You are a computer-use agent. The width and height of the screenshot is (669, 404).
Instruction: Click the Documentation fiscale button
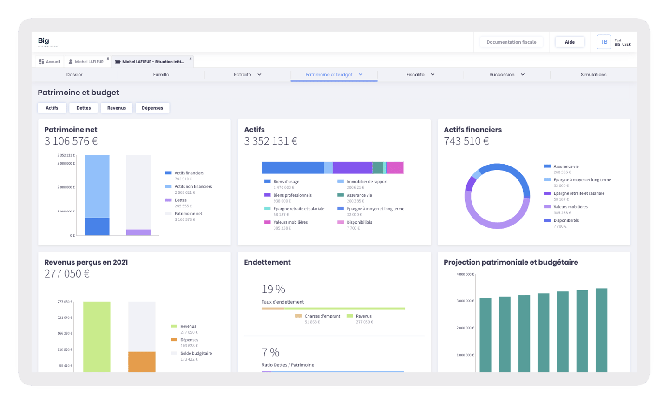coord(511,42)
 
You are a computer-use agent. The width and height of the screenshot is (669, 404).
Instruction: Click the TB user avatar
coord(604,42)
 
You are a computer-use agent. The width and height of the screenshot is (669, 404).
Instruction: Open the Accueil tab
coord(50,62)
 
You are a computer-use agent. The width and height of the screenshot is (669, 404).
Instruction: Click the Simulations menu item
coord(593,75)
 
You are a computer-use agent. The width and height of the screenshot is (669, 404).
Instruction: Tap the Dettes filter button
coord(84,108)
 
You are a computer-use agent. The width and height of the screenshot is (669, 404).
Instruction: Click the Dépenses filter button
coord(152,108)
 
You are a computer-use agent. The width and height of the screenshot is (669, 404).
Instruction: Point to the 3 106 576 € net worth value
coord(71,141)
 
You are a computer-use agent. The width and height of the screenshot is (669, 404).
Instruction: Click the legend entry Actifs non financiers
coord(193,187)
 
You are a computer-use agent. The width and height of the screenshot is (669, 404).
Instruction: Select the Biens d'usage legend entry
coord(286,182)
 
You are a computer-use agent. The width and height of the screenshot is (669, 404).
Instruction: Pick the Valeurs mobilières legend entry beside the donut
coord(570,207)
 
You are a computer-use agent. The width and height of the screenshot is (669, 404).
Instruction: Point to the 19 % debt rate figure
coord(273,290)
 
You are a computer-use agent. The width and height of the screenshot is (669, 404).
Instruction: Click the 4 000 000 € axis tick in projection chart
coord(465,274)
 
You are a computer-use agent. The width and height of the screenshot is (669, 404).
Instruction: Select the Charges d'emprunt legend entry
coord(322,316)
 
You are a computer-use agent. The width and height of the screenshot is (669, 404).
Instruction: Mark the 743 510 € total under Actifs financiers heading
coord(466,141)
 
